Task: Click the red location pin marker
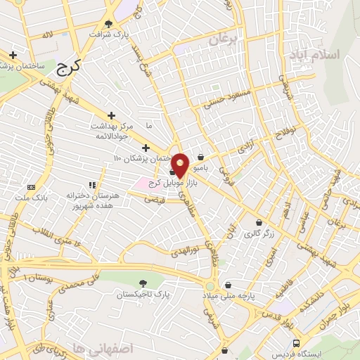(180, 165)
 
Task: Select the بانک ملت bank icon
(31, 187)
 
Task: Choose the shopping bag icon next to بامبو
(202, 157)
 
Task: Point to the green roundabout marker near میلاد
(209, 287)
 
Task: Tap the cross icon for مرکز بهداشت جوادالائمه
(111, 115)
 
